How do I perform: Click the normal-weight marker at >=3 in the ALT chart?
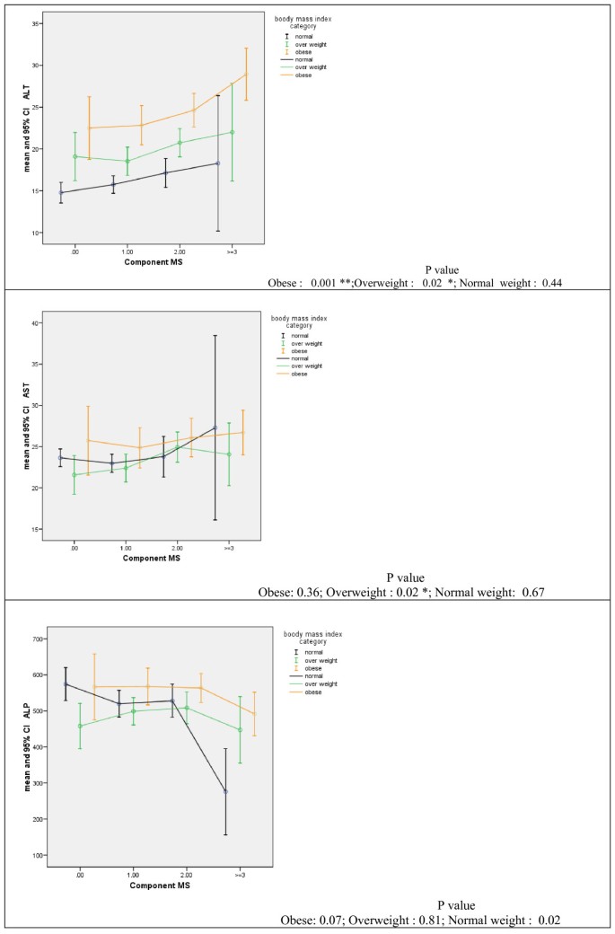(x=218, y=163)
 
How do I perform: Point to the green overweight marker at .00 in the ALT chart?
(x=75, y=156)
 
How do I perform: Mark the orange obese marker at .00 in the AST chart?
(x=88, y=441)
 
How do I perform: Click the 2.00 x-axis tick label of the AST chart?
(x=177, y=546)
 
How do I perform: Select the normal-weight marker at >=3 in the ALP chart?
(x=225, y=791)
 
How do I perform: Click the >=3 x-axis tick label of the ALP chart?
(x=240, y=872)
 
